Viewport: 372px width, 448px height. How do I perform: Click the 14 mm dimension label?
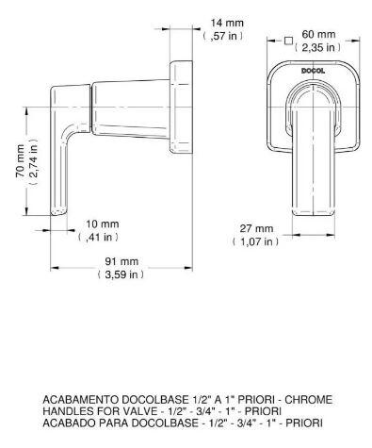(x=227, y=23)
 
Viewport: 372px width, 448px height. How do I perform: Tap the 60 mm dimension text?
(x=318, y=34)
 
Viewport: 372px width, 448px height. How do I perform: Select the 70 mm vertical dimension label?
(x=20, y=161)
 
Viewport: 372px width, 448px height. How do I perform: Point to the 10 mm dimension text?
(x=103, y=224)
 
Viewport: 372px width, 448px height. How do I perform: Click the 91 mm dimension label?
(x=121, y=261)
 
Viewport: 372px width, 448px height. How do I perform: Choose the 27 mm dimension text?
(x=256, y=228)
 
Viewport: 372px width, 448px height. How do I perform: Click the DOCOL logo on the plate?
(x=313, y=71)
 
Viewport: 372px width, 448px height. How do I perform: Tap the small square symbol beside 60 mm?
(x=288, y=41)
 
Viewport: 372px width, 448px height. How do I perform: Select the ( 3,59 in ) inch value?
(x=121, y=274)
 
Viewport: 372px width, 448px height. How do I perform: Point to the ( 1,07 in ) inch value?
(x=255, y=241)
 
